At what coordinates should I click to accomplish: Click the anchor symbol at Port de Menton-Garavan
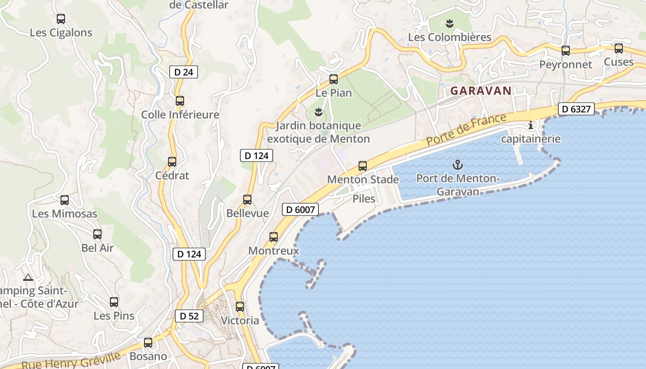pyautogui.click(x=458, y=164)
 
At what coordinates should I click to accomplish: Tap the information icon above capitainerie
pyautogui.click(x=531, y=125)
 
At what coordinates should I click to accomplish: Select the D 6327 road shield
pyautogui.click(x=576, y=109)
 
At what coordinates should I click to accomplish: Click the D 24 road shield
pyautogui.click(x=184, y=72)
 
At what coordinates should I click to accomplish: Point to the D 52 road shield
pyautogui.click(x=189, y=316)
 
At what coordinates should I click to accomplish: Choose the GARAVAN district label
pyautogui.click(x=481, y=91)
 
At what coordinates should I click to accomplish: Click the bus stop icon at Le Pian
pyautogui.click(x=334, y=79)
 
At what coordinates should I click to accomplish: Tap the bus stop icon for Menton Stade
pyautogui.click(x=363, y=166)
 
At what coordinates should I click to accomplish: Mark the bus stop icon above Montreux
pyautogui.click(x=274, y=237)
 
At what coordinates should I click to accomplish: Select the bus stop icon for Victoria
pyautogui.click(x=240, y=306)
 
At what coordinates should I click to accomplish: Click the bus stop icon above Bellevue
pyautogui.click(x=247, y=200)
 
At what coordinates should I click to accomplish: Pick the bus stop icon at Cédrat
pyautogui.click(x=172, y=162)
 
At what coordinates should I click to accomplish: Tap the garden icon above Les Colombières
pyautogui.click(x=449, y=23)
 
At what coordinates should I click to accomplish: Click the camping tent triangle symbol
pyautogui.click(x=28, y=278)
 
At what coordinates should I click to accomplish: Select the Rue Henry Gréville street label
pyautogui.click(x=71, y=361)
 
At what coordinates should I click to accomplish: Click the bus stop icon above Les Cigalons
pyautogui.click(x=61, y=19)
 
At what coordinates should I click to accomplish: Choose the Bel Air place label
pyautogui.click(x=97, y=248)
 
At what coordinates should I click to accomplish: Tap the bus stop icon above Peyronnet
pyautogui.click(x=566, y=51)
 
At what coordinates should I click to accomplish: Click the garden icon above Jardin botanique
pyautogui.click(x=318, y=112)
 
